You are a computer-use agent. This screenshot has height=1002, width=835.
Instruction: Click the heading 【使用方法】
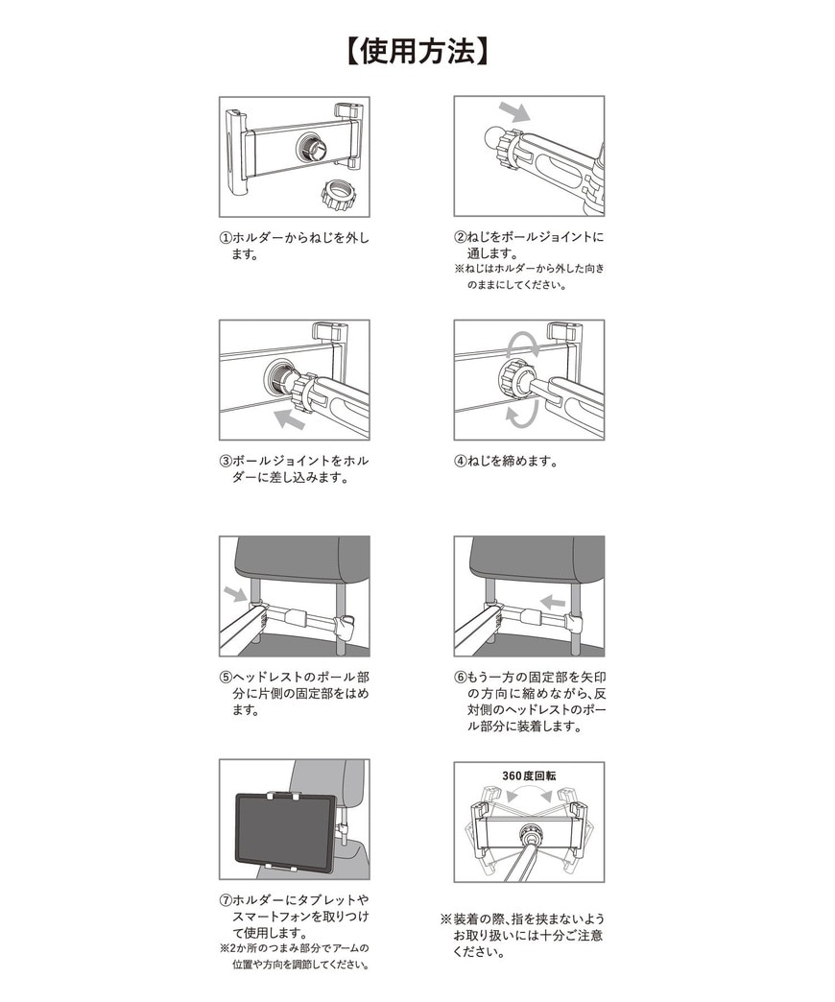pos(417,51)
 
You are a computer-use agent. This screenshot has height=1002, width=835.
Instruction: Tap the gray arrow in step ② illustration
pos(513,112)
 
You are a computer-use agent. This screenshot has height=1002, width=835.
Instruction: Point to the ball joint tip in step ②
pos(500,140)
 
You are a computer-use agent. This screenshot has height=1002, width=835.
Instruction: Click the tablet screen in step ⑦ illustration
pos(285,831)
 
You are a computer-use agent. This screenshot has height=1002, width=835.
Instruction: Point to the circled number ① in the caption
pos(226,238)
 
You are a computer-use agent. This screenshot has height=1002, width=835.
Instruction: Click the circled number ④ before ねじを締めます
pos(461,461)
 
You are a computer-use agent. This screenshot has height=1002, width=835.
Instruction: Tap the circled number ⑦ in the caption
pos(226,900)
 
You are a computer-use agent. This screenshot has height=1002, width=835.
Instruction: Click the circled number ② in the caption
pos(461,238)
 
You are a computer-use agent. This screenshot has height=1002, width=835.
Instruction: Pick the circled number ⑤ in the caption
pos(226,677)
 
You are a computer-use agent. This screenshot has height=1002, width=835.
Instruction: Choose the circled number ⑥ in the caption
pos(461,677)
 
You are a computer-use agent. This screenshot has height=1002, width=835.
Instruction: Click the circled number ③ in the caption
pos(226,461)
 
